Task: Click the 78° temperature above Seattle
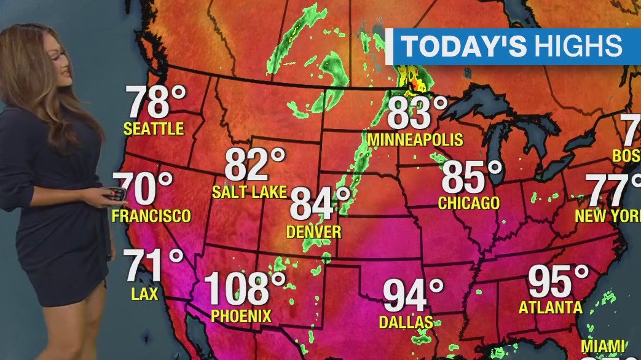(155, 102)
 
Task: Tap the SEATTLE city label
(154, 129)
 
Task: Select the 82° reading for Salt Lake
(254, 165)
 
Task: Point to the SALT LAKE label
(250, 192)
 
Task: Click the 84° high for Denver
(320, 204)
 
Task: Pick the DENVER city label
(314, 232)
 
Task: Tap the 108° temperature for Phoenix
(245, 288)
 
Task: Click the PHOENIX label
(241, 316)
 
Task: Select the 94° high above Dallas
(413, 295)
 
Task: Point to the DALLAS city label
(406, 322)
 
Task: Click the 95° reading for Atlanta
(558, 281)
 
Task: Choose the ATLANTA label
(551, 307)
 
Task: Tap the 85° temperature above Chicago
(471, 177)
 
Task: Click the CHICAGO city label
(469, 203)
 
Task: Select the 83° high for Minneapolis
(417, 113)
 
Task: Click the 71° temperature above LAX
(154, 265)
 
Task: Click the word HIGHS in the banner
(578, 47)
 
